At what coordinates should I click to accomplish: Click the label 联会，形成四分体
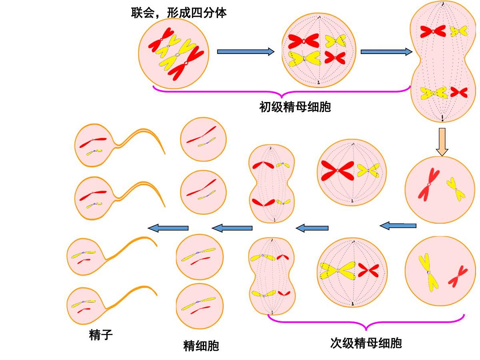click(x=179, y=14)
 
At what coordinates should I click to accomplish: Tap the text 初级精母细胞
click(x=295, y=107)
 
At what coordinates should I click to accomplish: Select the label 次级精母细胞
click(x=366, y=343)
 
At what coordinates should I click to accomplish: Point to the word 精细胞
click(x=201, y=345)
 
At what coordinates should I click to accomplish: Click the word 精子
click(x=101, y=334)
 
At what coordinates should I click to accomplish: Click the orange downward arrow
click(x=442, y=142)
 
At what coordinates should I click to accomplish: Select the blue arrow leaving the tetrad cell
click(x=245, y=52)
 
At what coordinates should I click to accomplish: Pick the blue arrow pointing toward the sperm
click(x=168, y=228)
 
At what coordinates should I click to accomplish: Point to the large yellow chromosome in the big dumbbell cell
click(x=434, y=93)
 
